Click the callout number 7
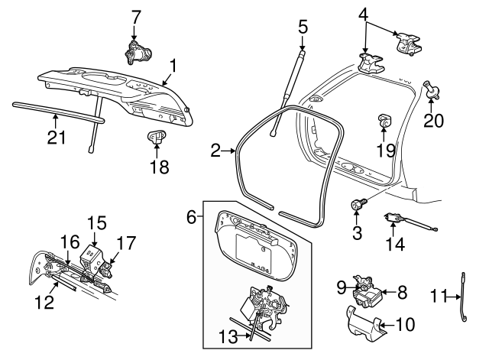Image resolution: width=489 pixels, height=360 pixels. (136, 15)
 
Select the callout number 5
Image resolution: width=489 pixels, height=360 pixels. (303, 26)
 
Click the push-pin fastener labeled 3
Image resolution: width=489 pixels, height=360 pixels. (358, 204)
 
